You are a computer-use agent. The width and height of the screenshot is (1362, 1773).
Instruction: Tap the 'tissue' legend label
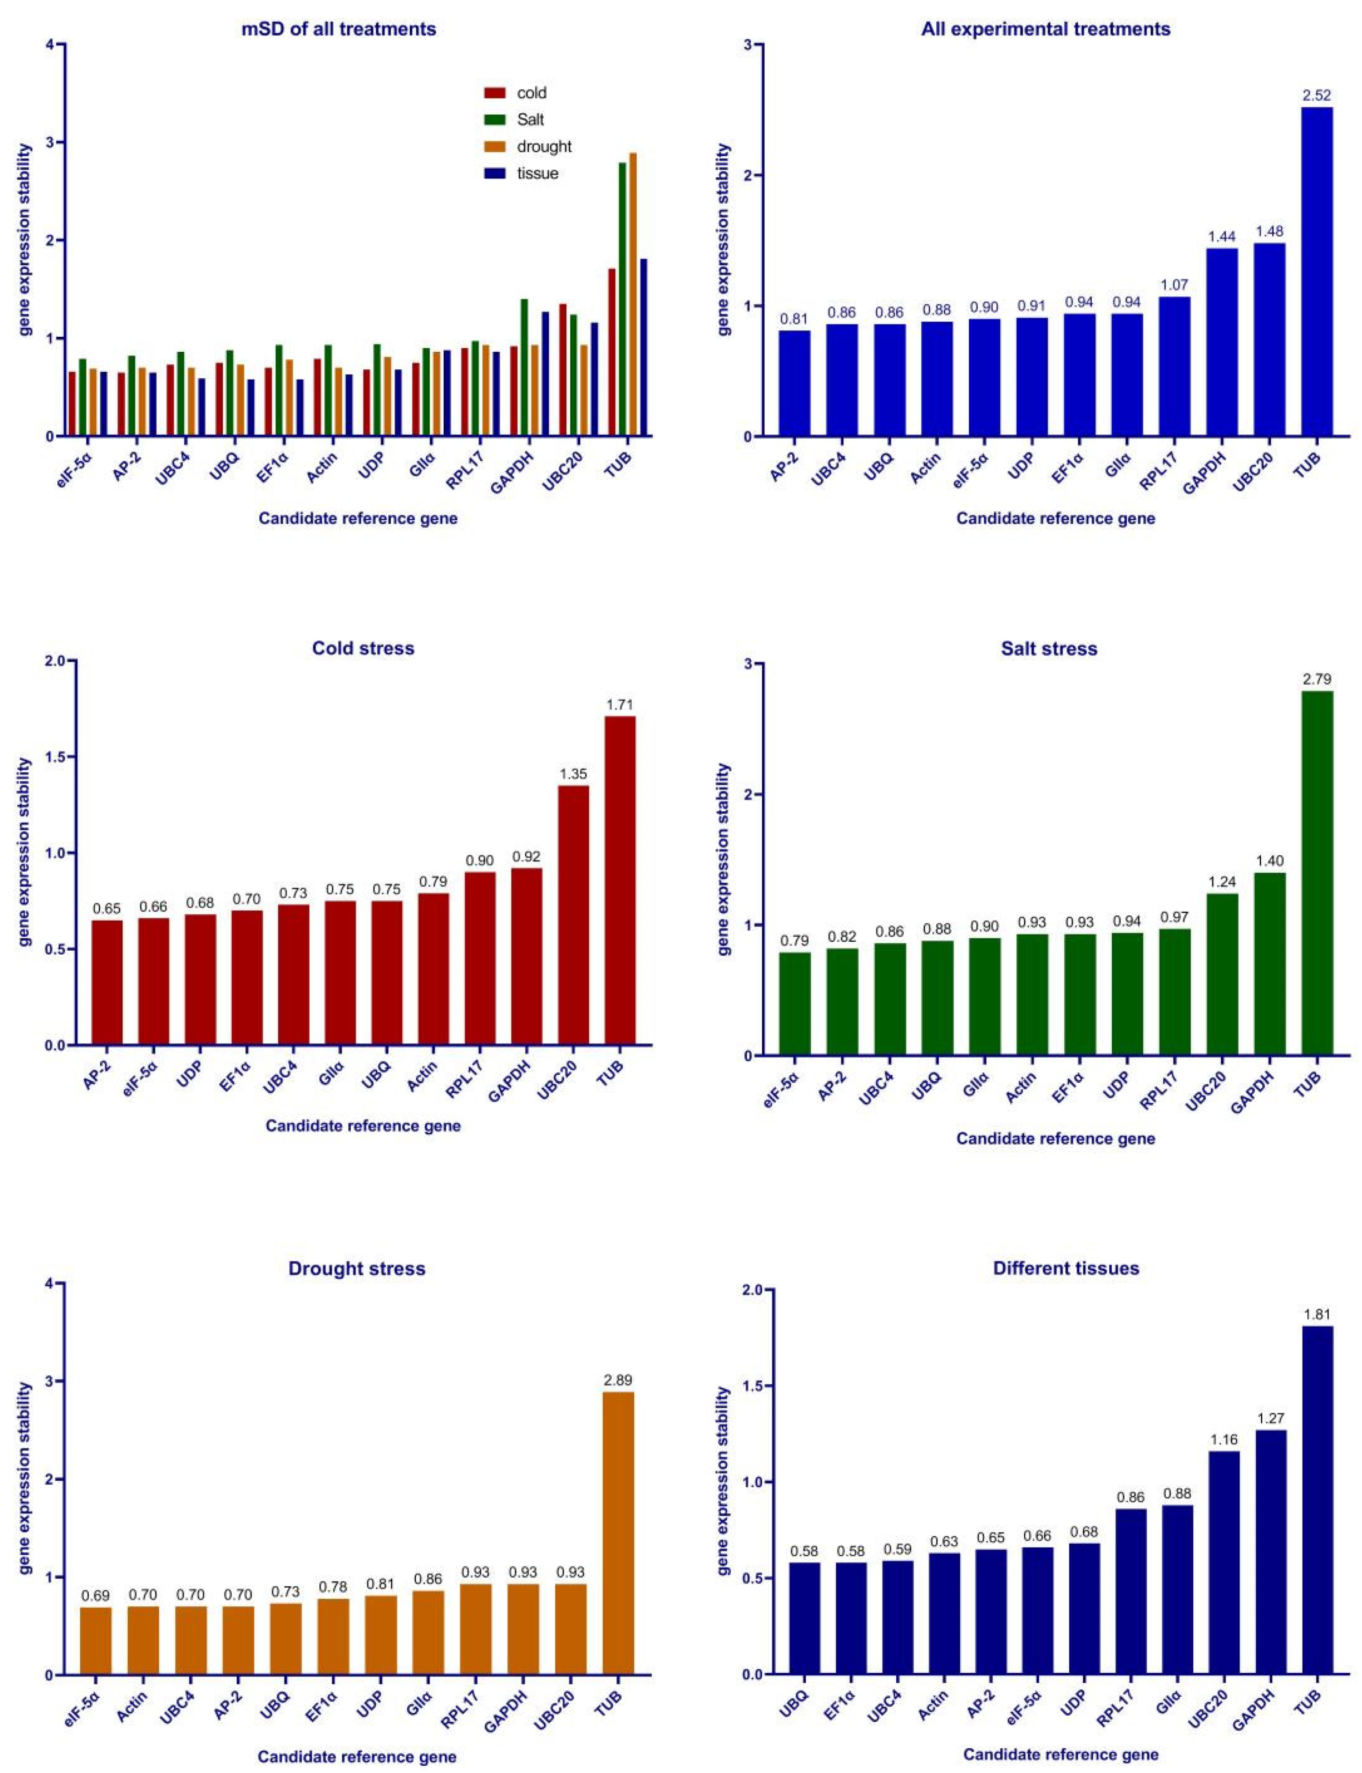(538, 173)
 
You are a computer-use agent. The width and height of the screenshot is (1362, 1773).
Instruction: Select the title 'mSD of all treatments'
(339, 29)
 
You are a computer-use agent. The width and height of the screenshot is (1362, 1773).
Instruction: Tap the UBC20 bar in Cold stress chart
(573, 915)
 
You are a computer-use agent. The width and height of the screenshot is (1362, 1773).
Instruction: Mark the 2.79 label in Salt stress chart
(1317, 679)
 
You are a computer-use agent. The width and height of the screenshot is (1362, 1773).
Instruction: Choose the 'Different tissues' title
(1065, 1268)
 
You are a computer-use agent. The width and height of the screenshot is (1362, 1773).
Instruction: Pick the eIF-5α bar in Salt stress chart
(794, 1003)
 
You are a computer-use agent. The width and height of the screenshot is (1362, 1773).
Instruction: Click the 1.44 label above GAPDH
(1222, 237)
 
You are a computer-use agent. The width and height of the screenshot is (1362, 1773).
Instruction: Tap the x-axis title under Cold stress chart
(363, 1126)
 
